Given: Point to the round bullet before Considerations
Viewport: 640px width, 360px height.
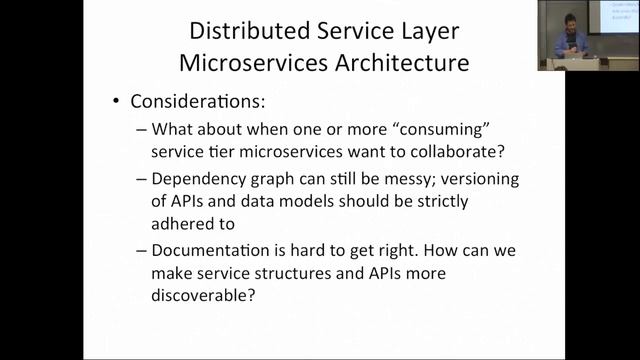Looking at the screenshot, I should click(118, 104).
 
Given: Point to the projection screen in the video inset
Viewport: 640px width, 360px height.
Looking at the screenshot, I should click(619, 21).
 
